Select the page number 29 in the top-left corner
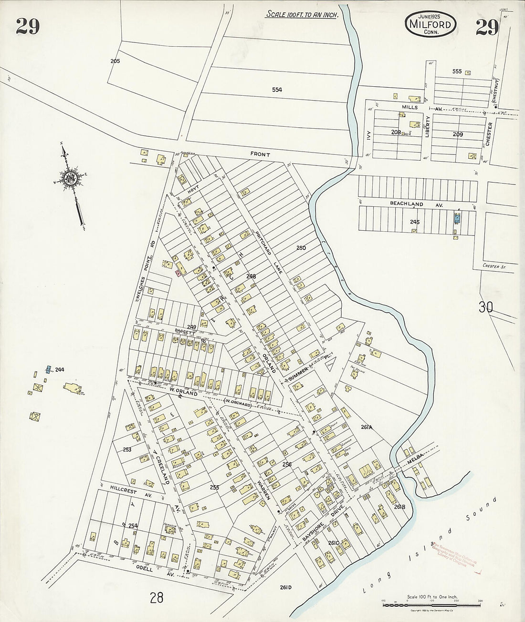pyautogui.click(x=27, y=27)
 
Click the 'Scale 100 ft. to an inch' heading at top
pyautogui.click(x=302, y=14)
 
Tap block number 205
pyautogui.click(x=115, y=61)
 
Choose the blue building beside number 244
pyautogui.click(x=48, y=369)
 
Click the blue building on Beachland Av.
pyautogui.click(x=457, y=219)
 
